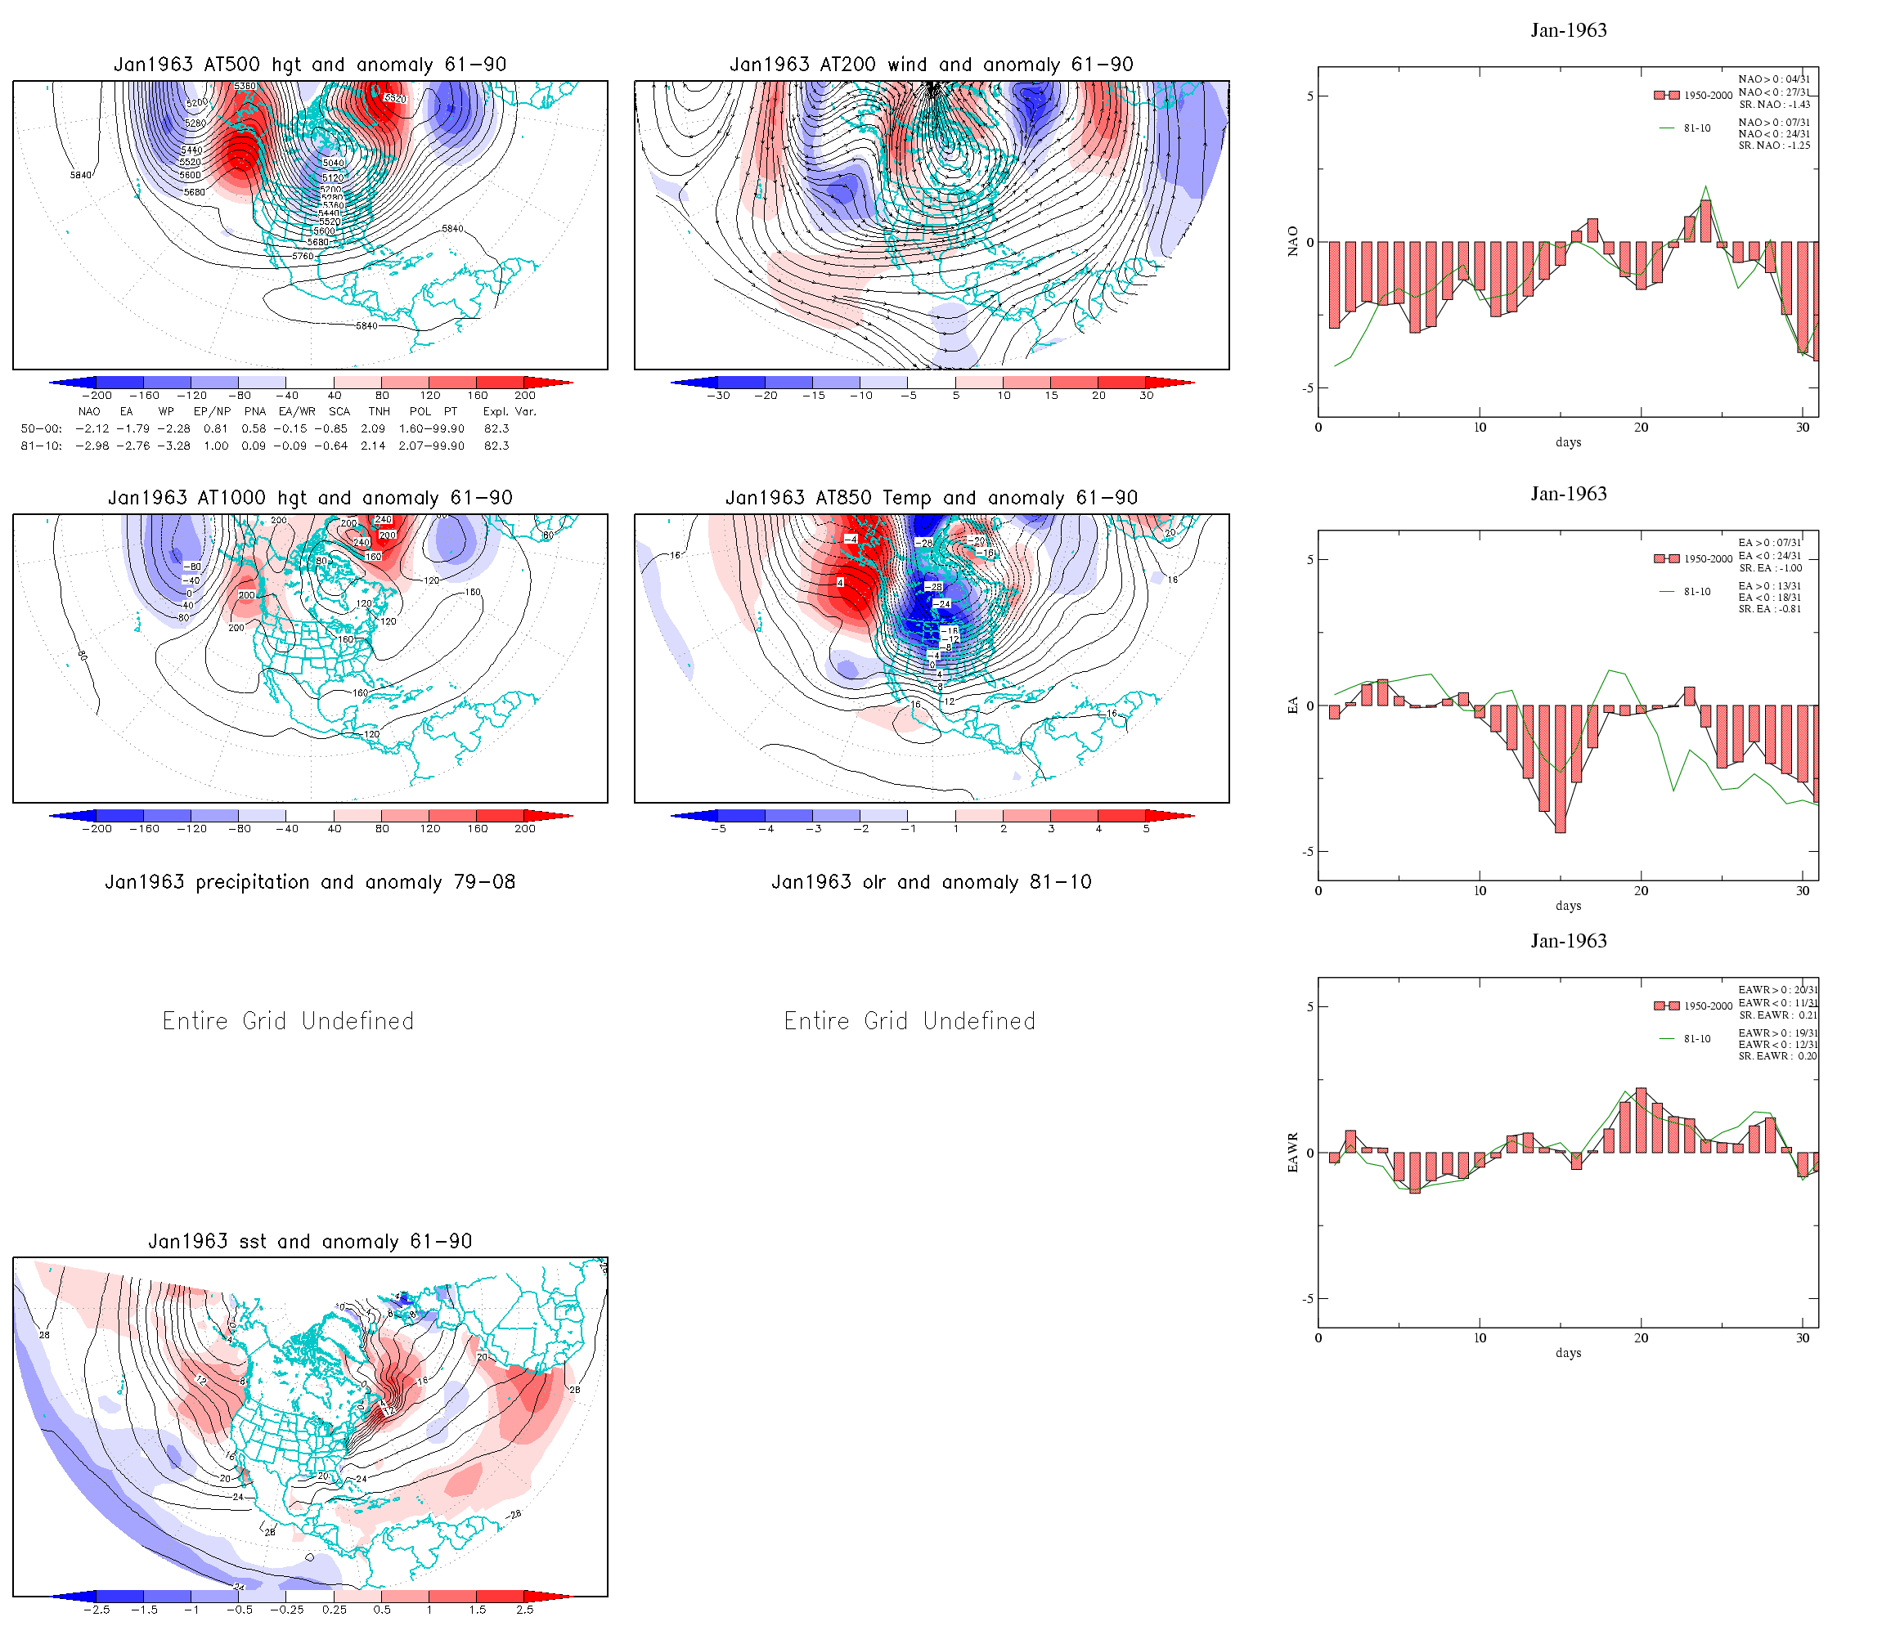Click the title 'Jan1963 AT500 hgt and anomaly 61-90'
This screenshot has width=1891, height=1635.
pos(309,65)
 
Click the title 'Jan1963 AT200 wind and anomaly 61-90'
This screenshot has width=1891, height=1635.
pos(931,65)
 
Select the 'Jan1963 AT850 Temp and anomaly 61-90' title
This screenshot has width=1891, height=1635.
pos(931,498)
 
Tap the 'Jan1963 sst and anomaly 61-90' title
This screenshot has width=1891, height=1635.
pos(309,1242)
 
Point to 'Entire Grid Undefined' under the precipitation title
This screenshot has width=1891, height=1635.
pos(289,1021)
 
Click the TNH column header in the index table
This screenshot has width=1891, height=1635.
pos(379,411)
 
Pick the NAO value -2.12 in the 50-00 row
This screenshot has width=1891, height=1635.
pos(92,429)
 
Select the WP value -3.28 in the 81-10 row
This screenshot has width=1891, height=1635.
pos(173,446)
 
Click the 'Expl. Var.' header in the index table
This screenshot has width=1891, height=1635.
pos(510,411)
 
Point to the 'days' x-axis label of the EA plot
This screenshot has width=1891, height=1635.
pos(1568,906)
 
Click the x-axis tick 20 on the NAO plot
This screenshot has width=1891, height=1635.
pos(1641,428)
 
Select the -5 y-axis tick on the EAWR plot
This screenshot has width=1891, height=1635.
pos(1308,1299)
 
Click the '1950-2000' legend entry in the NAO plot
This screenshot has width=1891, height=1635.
pos(1708,96)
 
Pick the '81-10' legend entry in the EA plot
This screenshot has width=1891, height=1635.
pos(1697,592)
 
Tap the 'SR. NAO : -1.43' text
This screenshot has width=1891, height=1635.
pos(1774,105)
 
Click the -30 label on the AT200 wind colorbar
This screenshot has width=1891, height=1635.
pos(718,396)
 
